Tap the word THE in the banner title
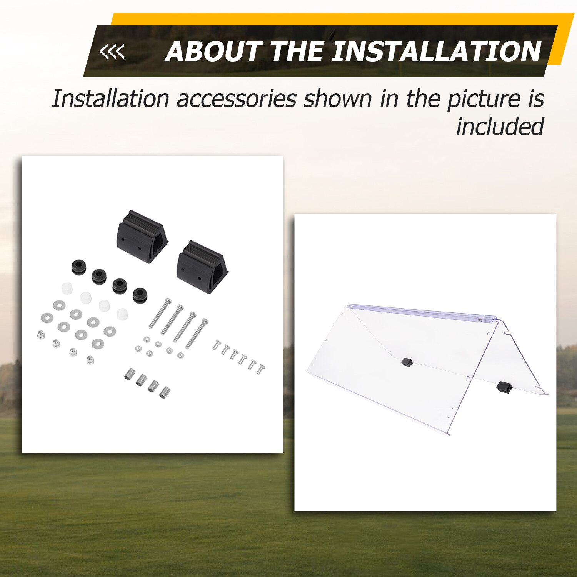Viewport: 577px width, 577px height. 297,52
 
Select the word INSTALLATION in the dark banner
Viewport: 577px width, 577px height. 436,52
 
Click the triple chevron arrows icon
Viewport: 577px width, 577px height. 112,52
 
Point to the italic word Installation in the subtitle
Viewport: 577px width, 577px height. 110,98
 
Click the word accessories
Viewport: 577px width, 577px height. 237,99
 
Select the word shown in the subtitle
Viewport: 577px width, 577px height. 338,98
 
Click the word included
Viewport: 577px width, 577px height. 500,127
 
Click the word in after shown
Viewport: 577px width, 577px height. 389,99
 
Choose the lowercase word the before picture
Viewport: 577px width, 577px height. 423,98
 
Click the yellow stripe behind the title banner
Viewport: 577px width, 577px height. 339,19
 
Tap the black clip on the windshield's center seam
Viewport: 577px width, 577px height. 407,362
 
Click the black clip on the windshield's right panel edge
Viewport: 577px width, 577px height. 504,386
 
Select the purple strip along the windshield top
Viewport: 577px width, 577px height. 422,312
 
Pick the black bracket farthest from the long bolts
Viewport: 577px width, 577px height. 142,236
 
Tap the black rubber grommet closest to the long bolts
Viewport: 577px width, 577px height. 140,295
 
